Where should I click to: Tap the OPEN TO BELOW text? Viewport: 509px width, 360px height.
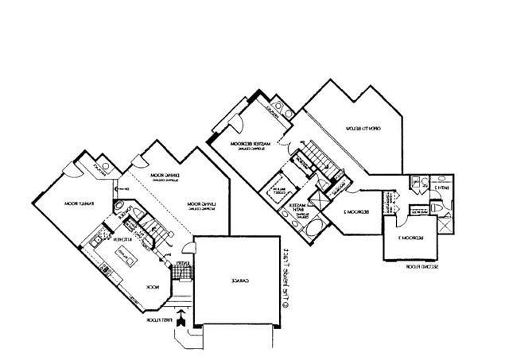[x=364, y=126]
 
